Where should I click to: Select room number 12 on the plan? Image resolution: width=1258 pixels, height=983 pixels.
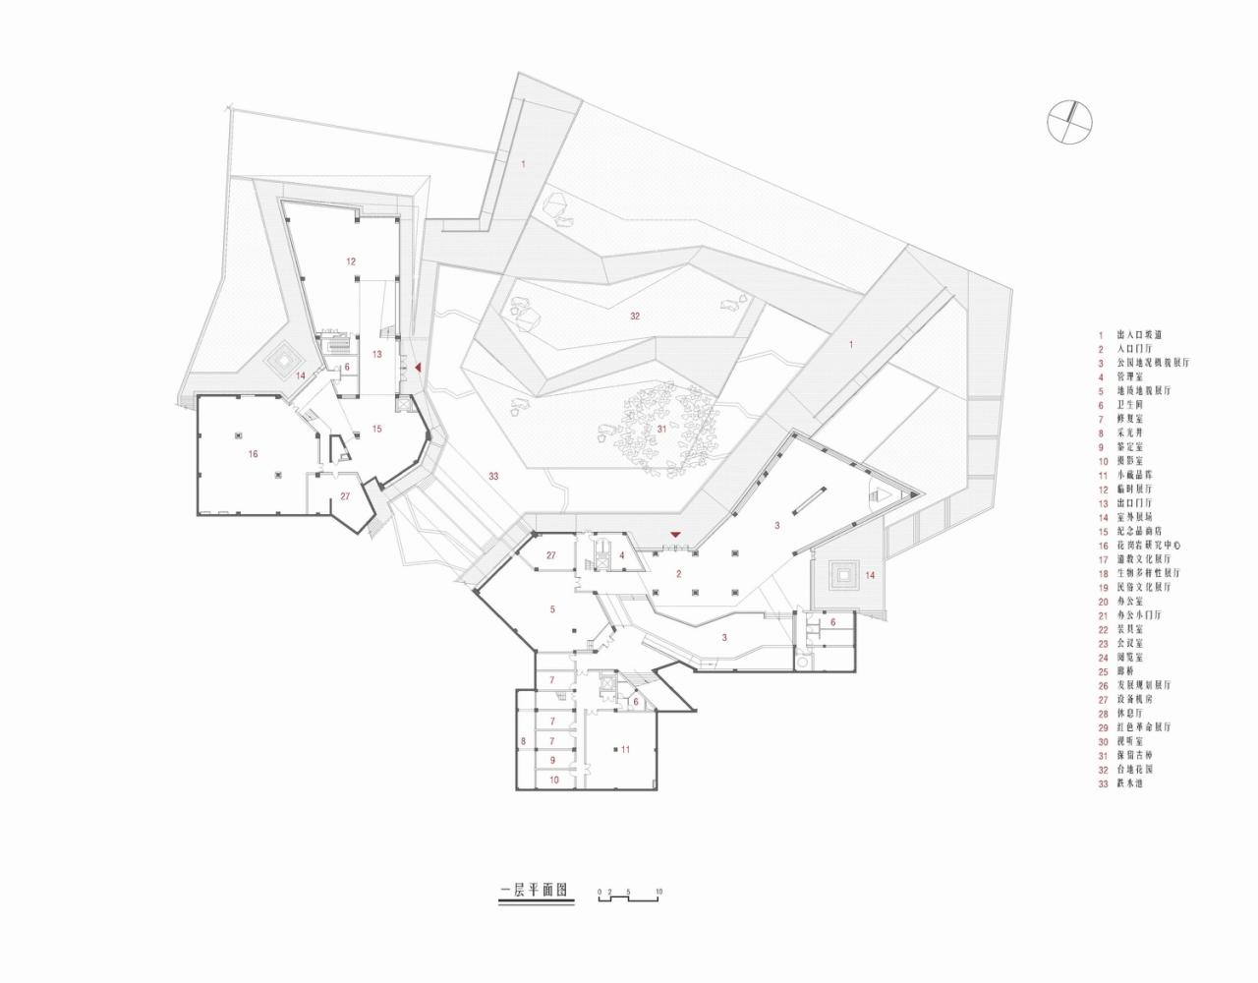coord(351,261)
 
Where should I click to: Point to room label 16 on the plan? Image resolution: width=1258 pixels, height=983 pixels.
coord(253,454)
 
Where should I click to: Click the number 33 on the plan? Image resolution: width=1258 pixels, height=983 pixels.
coord(493,477)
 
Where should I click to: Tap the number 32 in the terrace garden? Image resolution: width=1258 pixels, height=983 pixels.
coord(636,317)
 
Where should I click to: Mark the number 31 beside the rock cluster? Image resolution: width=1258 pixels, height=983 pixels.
coord(661,429)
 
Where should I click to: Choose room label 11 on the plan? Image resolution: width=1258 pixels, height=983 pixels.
coord(625,749)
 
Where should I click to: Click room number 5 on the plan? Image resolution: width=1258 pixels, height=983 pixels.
coord(552,609)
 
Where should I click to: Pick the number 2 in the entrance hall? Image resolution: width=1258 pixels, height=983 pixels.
coord(678,574)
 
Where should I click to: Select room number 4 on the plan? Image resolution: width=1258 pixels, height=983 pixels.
coord(622,555)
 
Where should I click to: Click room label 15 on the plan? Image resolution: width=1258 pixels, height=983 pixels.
coord(377,428)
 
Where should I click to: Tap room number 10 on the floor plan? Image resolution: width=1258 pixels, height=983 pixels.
coord(554,779)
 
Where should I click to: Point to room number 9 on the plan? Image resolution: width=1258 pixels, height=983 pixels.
coord(553,760)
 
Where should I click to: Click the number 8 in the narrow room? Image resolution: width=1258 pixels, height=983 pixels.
coord(524,740)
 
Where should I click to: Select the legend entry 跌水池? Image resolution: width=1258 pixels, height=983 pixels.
coord(1130,782)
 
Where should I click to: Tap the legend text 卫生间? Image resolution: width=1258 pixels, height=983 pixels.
coord(1130,405)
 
